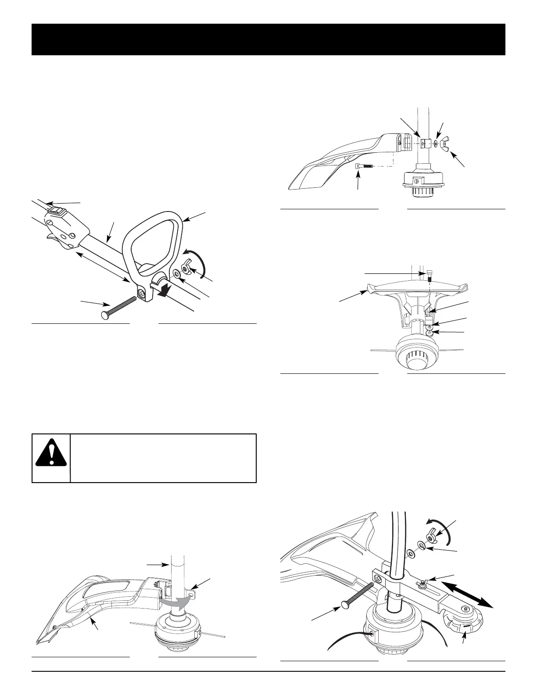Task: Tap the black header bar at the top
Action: [x=268, y=39]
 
